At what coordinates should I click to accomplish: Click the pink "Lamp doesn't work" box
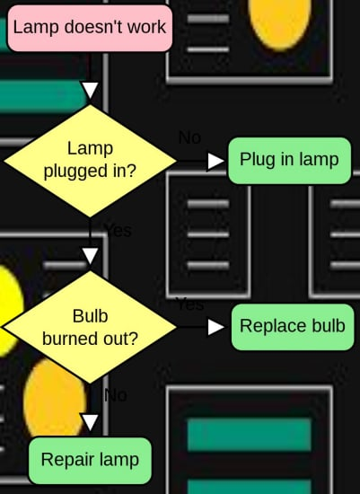coord(90,27)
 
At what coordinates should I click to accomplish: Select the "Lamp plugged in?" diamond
coord(90,160)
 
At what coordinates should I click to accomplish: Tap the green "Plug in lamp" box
coord(289,161)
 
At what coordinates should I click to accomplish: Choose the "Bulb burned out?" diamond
coord(90,327)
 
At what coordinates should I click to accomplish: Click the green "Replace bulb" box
coord(293,326)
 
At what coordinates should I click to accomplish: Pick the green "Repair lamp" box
coord(90,461)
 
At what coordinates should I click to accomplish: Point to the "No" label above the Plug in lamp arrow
coord(189,137)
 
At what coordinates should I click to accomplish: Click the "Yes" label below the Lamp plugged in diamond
coord(118,231)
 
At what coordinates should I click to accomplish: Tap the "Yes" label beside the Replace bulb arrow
coord(189,304)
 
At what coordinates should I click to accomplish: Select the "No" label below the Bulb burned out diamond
coord(115,395)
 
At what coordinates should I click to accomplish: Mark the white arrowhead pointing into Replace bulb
coord(216,327)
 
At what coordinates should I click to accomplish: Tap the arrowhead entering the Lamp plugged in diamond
coord(90,90)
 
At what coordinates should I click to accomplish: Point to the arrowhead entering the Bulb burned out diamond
coord(90,256)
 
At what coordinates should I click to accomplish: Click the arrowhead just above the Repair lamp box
coord(90,422)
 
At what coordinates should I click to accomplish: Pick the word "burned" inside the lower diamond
coord(70,339)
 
